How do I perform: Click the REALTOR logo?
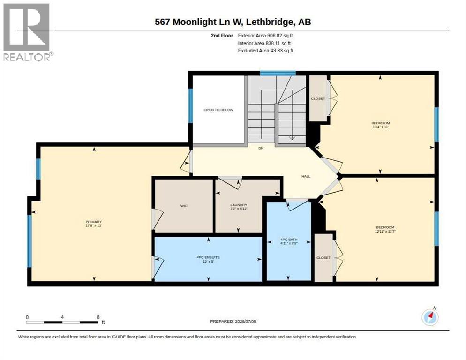(28, 32)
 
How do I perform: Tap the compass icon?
(430, 317)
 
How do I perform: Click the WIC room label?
(184, 206)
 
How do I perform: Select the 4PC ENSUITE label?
(208, 257)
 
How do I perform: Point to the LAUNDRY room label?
(239, 205)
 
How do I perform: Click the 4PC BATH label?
(289, 240)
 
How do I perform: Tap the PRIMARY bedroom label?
(94, 222)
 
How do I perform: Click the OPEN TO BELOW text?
(218, 110)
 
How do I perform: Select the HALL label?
(306, 176)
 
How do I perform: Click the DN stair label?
(261, 148)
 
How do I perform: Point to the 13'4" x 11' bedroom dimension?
(381, 127)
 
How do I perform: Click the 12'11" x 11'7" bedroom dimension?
(385, 231)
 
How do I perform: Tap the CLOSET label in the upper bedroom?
(318, 98)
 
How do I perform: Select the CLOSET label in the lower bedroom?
(323, 258)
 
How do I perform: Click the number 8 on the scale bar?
(98, 317)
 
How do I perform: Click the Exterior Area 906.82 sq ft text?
(265, 35)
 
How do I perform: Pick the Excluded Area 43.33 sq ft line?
(266, 51)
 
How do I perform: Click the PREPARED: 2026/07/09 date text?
(233, 322)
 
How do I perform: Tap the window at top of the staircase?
(278, 73)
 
